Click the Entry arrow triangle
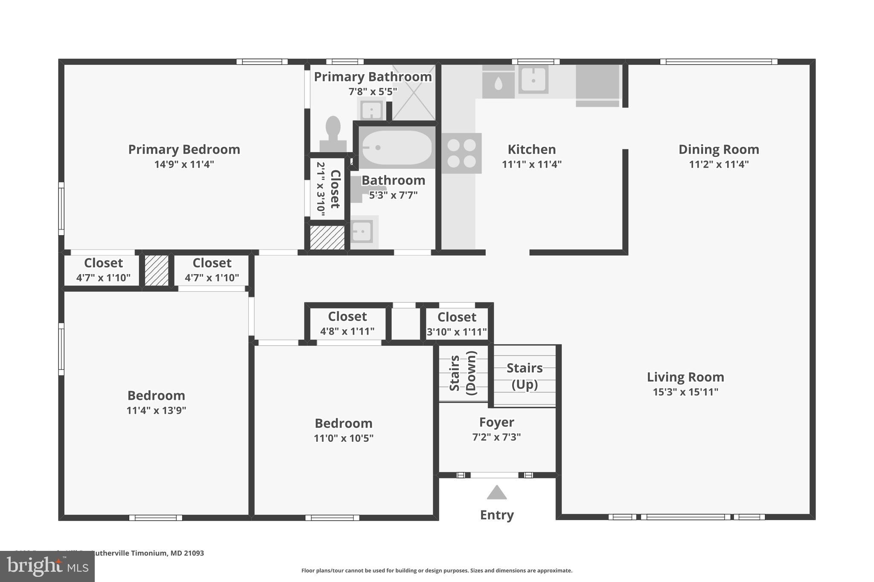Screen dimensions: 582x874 click(496, 492)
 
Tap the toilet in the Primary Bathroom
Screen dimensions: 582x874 click(333, 133)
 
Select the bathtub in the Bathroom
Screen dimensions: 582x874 click(396, 148)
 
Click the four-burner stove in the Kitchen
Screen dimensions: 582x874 click(461, 153)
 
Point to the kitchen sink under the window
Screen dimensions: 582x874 click(533, 80)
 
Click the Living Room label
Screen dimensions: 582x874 click(685, 377)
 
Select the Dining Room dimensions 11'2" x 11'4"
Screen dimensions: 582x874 click(719, 164)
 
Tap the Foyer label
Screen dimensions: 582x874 click(496, 422)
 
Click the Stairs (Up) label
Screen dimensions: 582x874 click(524, 376)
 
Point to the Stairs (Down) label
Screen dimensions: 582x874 click(463, 373)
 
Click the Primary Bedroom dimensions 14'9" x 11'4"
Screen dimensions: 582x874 click(184, 164)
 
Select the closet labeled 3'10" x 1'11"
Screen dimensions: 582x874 click(457, 323)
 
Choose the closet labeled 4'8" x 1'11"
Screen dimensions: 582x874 click(347, 323)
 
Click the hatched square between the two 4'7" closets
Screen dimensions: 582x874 click(157, 270)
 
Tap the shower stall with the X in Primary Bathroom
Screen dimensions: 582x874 click(413, 93)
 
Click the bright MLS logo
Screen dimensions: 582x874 click(47, 566)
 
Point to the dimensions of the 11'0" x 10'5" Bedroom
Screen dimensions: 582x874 click(344, 438)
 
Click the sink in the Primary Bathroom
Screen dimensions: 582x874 click(371, 110)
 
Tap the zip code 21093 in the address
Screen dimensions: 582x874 click(194, 553)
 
